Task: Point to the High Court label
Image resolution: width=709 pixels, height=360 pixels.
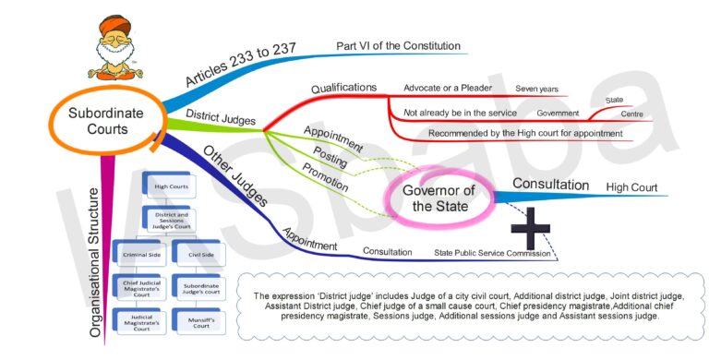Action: tap(631, 187)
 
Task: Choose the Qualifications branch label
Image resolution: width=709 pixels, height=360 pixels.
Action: tap(343, 88)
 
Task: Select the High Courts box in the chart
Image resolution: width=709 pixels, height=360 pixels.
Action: tap(173, 187)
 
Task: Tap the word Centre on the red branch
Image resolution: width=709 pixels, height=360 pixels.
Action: tap(633, 114)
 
